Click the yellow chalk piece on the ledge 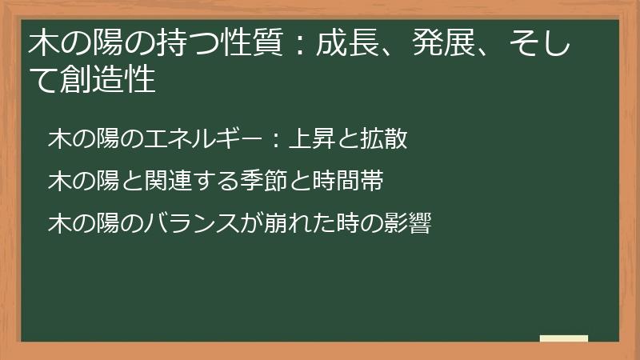point(563,338)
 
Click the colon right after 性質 point(298,45)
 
